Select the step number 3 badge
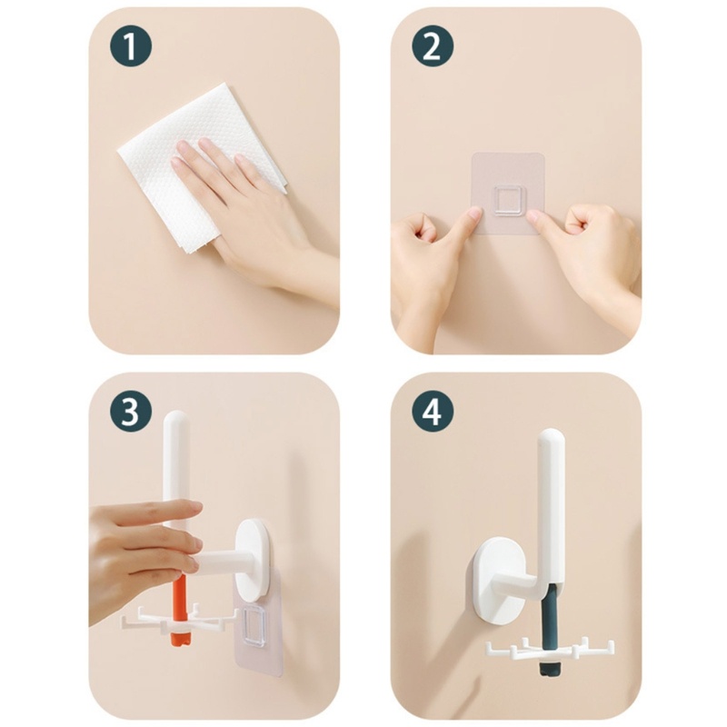click(131, 412)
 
